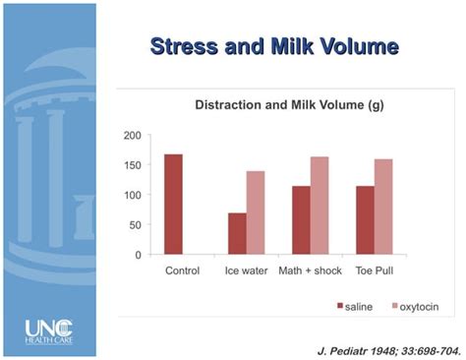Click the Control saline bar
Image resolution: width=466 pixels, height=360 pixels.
[x=173, y=205]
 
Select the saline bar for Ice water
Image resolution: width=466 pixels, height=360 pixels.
[x=237, y=234]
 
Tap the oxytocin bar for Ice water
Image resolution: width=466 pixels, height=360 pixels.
[x=255, y=212]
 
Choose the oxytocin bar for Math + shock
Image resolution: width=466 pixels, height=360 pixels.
[x=320, y=206]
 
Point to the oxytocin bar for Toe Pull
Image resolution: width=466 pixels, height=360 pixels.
[x=383, y=207]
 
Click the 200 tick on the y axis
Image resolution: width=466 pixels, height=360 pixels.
[x=132, y=135]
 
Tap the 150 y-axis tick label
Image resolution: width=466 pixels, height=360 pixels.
[x=132, y=165]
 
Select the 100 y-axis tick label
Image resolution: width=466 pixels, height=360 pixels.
[x=132, y=195]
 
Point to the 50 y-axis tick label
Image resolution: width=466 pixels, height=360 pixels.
[x=135, y=225]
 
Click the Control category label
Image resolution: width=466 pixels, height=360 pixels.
[x=182, y=270]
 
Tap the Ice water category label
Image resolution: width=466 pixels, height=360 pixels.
[x=246, y=270]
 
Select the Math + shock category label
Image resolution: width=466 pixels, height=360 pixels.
[x=310, y=270]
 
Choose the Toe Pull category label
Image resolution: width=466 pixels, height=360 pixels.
[x=375, y=270]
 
